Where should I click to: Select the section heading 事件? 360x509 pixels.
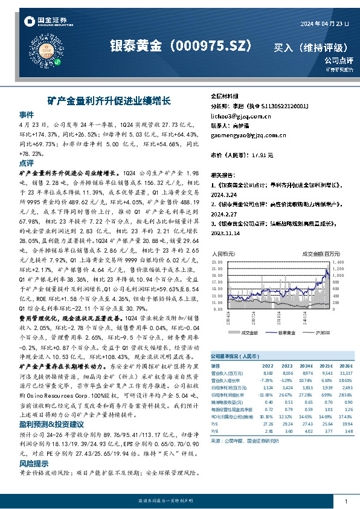click(x=27, y=114)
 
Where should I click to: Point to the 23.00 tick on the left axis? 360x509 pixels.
click(x=217, y=262)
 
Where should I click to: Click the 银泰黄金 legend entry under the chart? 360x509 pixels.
click(x=286, y=333)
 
